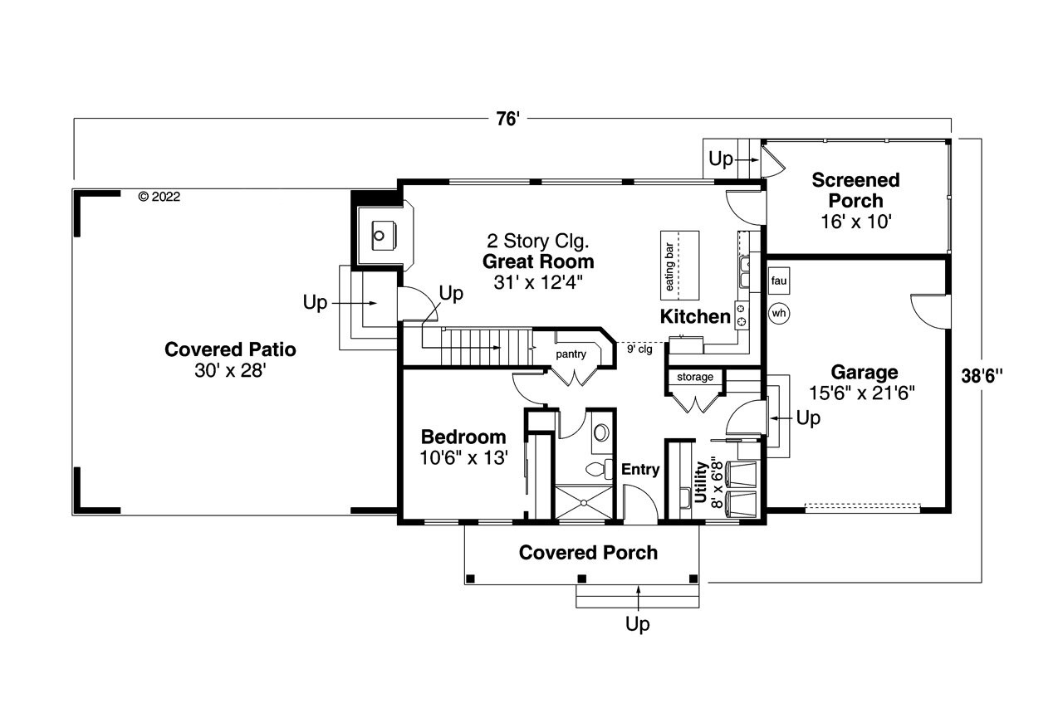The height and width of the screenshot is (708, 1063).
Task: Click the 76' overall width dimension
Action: click(507, 120)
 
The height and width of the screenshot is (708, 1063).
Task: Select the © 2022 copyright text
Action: click(159, 197)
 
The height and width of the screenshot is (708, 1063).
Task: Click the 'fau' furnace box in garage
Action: click(778, 281)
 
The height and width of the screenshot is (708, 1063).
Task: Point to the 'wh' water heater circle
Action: click(778, 313)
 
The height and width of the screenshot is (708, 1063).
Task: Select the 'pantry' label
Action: click(571, 354)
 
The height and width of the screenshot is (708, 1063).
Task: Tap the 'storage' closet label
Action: click(695, 377)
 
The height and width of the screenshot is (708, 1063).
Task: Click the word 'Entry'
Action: click(640, 470)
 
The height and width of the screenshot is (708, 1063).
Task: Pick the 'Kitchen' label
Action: click(695, 316)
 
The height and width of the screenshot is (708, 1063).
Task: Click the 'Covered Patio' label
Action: click(230, 349)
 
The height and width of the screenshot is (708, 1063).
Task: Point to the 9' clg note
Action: click(639, 349)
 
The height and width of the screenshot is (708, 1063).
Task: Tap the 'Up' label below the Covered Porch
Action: click(637, 624)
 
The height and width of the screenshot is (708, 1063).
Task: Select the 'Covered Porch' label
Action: click(588, 553)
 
